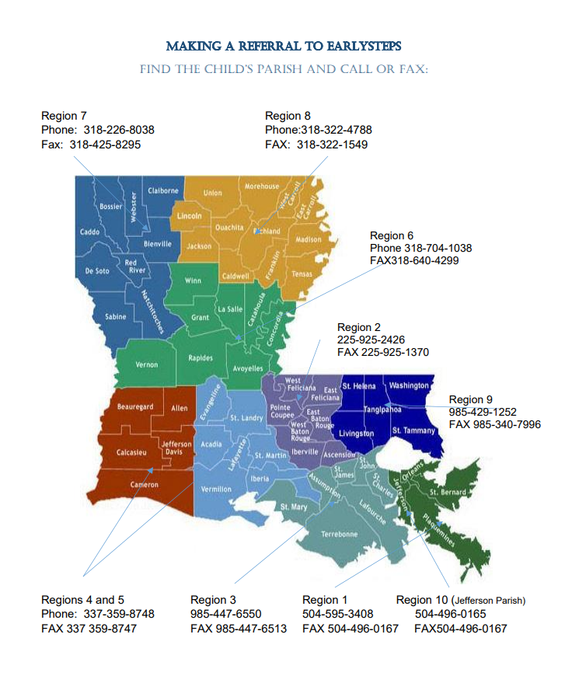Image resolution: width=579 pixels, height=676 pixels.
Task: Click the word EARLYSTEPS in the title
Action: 360,46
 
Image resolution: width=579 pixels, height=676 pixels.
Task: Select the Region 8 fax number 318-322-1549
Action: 333,145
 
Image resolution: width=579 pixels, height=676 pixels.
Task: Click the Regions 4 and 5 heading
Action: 82,600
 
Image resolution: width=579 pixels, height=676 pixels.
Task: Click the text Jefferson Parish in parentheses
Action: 488,601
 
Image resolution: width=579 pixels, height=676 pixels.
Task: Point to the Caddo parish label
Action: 89,232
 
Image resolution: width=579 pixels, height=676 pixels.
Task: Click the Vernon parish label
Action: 147,364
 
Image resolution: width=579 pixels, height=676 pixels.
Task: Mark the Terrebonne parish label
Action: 340,534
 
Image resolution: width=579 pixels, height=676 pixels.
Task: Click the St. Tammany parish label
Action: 413,430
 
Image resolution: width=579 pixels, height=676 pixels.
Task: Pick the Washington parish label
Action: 409,385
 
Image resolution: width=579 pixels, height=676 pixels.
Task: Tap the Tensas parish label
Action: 302,274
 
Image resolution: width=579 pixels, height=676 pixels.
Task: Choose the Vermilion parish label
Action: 216,489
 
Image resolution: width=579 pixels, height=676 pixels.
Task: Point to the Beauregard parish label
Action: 135,407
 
